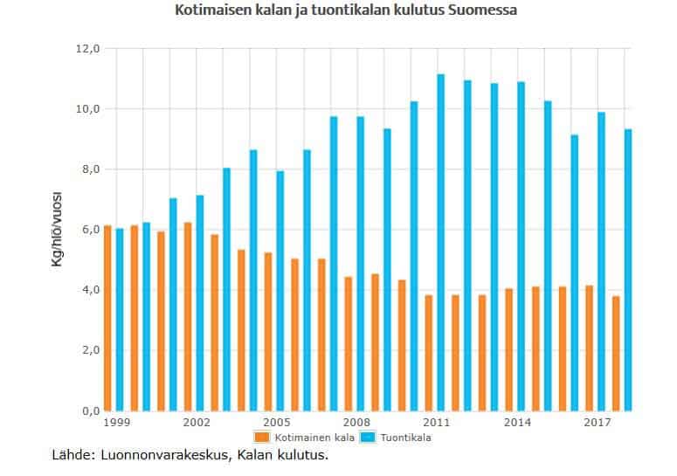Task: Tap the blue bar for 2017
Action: tap(601, 261)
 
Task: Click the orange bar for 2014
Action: tap(508, 349)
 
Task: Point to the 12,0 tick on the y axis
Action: tap(89, 48)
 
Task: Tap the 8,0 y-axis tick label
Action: tap(89, 169)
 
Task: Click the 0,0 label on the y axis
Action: tap(89, 410)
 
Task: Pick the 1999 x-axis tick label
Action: tap(115, 422)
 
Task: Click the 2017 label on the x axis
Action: tap(598, 422)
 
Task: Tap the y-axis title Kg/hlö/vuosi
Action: tap(58, 229)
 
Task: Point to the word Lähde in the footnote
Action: tap(71, 455)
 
